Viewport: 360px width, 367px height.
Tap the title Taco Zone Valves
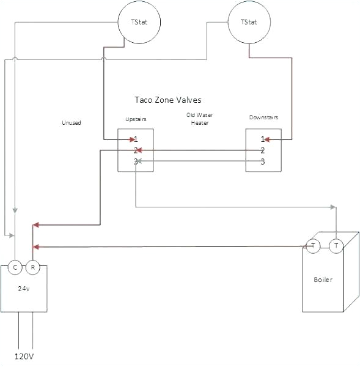click(167, 99)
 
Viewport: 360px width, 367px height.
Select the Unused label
click(71, 122)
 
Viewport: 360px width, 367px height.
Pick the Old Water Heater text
click(200, 119)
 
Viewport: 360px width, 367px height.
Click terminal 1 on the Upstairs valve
click(136, 139)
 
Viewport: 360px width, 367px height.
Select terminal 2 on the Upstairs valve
click(136, 150)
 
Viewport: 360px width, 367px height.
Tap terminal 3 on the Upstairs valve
click(136, 161)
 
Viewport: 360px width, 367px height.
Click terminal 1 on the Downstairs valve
click(263, 139)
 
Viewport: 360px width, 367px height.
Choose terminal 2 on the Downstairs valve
click(263, 150)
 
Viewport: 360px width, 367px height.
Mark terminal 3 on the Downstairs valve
click(263, 161)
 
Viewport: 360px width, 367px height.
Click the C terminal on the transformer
click(15, 267)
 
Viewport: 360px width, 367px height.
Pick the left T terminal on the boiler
click(313, 246)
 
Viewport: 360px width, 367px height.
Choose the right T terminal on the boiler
click(336, 246)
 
